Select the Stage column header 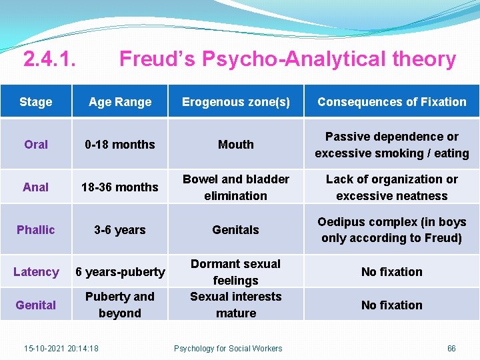(x=36, y=102)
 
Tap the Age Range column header (x=120, y=102)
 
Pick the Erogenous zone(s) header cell (x=236, y=102)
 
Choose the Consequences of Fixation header (x=392, y=102)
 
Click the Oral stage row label (x=36, y=145)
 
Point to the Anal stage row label (x=36, y=187)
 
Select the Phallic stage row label (x=36, y=230)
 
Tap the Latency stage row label (x=36, y=272)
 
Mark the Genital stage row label (x=36, y=305)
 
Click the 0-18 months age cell (x=120, y=145)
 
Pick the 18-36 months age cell (x=120, y=187)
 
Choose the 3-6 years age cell (x=120, y=230)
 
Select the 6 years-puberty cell (x=120, y=272)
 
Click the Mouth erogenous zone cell (x=236, y=145)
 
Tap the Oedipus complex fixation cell (x=392, y=230)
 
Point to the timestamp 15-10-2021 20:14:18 (x=61, y=348)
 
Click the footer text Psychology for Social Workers (x=228, y=348)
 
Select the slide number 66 (x=451, y=348)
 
